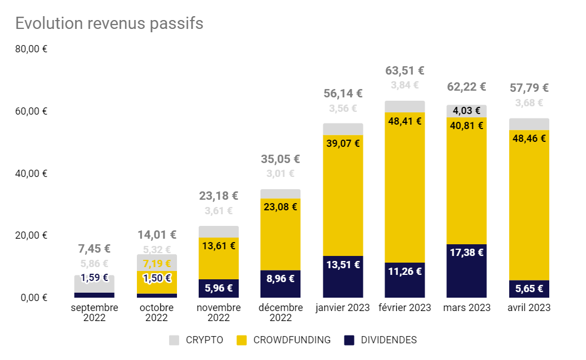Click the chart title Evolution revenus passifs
click(x=109, y=23)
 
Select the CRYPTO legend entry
click(x=196, y=340)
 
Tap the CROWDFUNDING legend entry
click(x=283, y=340)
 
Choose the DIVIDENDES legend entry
click(x=380, y=340)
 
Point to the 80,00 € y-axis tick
click(x=32, y=49)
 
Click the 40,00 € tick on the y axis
click(x=32, y=173)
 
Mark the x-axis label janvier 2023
click(x=343, y=308)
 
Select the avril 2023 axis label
click(x=529, y=308)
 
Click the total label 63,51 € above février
click(x=405, y=71)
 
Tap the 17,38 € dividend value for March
click(x=466, y=253)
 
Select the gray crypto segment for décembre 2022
click(x=280, y=194)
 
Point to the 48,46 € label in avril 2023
click(x=529, y=139)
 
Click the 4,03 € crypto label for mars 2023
click(x=466, y=111)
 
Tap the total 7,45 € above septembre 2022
click(x=94, y=249)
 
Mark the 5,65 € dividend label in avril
click(x=529, y=288)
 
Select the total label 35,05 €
click(x=280, y=159)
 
